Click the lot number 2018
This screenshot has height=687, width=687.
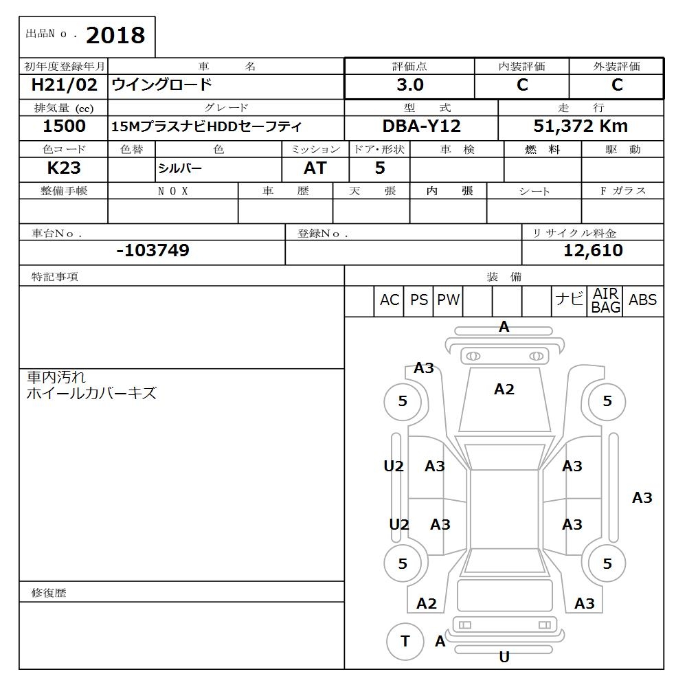(x=115, y=36)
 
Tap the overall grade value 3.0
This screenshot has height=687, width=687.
(x=409, y=85)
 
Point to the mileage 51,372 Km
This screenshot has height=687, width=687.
(x=581, y=126)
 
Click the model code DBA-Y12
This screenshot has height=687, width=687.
(x=422, y=126)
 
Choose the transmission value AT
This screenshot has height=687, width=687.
(x=315, y=168)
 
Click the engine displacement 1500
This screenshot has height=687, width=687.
(x=64, y=126)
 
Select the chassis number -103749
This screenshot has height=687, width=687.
(x=153, y=251)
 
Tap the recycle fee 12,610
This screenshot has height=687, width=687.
(x=593, y=251)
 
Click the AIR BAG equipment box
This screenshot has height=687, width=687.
(x=606, y=301)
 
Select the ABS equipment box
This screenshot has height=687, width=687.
(x=642, y=300)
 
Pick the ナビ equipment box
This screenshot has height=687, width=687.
(x=569, y=300)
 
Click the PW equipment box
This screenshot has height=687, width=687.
(x=448, y=300)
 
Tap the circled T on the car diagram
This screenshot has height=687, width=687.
(x=405, y=642)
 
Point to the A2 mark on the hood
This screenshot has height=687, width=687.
(x=504, y=390)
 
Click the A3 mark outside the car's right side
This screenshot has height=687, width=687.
(x=642, y=497)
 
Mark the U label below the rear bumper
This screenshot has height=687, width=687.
(x=504, y=657)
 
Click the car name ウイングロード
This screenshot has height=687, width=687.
(x=162, y=86)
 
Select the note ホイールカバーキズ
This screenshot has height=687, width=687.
(x=91, y=394)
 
